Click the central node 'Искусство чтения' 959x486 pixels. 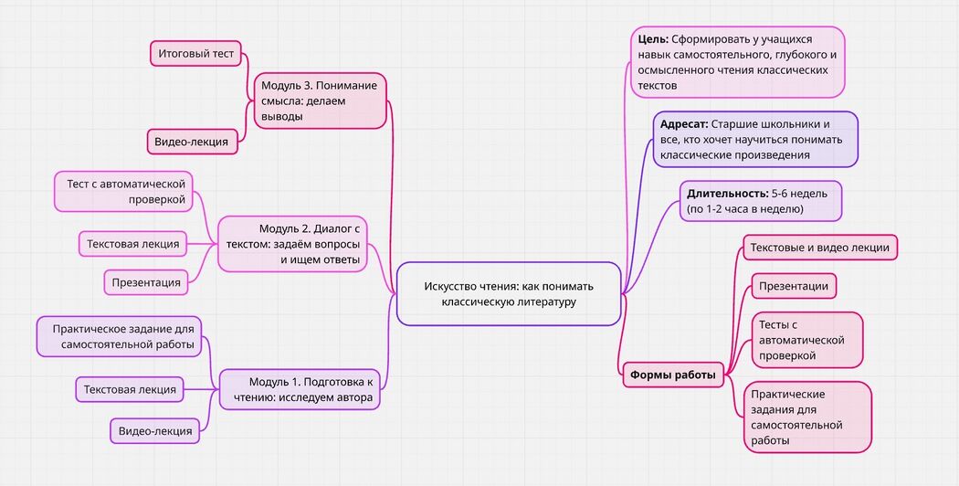[509, 293]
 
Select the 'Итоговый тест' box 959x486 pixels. [195, 54]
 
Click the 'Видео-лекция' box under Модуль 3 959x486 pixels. [192, 142]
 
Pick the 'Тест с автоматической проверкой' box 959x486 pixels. [125, 192]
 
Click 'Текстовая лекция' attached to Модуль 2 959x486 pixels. [132, 244]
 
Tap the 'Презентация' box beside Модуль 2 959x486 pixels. [146, 282]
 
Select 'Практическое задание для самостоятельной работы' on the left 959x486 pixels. [119, 336]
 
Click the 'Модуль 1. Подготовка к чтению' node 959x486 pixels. [300, 389]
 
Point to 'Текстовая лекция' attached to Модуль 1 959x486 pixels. [130, 389]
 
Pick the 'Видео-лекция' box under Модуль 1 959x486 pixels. [155, 431]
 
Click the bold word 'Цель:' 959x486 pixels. [653, 40]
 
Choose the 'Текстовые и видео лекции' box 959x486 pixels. [820, 248]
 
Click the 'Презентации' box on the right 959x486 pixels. [794, 286]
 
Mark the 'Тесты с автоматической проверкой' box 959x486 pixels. [794, 340]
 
